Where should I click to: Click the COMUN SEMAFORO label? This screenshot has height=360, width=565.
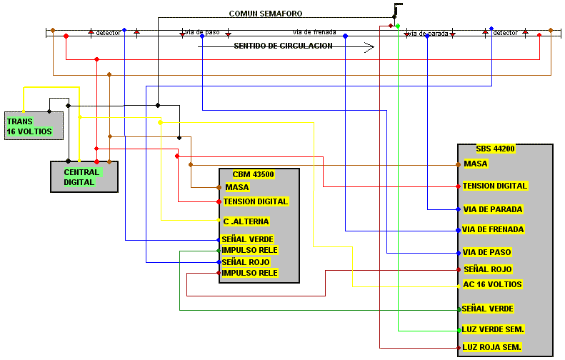coord(266,14)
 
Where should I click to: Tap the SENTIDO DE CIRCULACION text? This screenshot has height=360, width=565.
coord(284,46)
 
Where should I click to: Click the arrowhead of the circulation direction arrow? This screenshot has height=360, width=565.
coord(369,47)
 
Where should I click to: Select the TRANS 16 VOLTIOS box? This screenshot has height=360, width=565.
coord(34,126)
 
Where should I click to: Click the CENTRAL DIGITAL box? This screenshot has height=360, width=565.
coord(84,177)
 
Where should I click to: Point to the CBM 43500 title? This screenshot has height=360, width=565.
coord(254,174)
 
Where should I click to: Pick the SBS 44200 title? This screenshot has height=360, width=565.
coord(496,149)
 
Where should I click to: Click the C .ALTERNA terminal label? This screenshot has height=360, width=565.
coord(246,221)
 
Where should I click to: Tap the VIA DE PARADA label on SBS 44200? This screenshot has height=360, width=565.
coord(493,209)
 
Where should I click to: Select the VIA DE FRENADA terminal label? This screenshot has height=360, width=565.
coord(493,229)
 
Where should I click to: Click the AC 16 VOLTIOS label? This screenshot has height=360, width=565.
coord(492,284)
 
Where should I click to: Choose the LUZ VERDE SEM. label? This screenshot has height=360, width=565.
coord(493,329)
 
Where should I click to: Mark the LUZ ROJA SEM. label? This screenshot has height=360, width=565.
coord(492,347)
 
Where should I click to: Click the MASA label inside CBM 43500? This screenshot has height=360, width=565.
coord(237,187)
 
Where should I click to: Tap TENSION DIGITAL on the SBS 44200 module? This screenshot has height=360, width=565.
coord(495,186)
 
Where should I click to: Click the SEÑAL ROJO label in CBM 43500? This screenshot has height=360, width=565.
coord(246,262)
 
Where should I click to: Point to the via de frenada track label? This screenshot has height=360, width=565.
coord(314,32)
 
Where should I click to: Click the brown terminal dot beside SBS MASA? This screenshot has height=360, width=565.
coord(458,165)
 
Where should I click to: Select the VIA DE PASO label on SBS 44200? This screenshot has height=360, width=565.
coord(487,252)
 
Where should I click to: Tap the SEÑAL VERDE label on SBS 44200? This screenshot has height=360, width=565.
coord(488,309)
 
